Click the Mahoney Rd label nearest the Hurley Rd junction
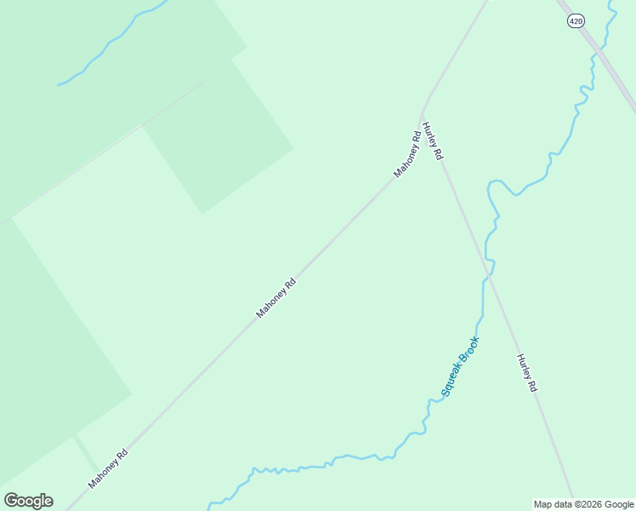407,153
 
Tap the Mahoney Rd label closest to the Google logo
108,469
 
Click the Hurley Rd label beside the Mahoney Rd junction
433,141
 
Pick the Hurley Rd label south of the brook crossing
527,373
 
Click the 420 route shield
576,21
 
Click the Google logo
28,501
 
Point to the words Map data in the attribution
553,504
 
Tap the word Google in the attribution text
619,504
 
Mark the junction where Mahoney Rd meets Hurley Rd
422,115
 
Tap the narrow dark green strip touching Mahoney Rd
85,451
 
